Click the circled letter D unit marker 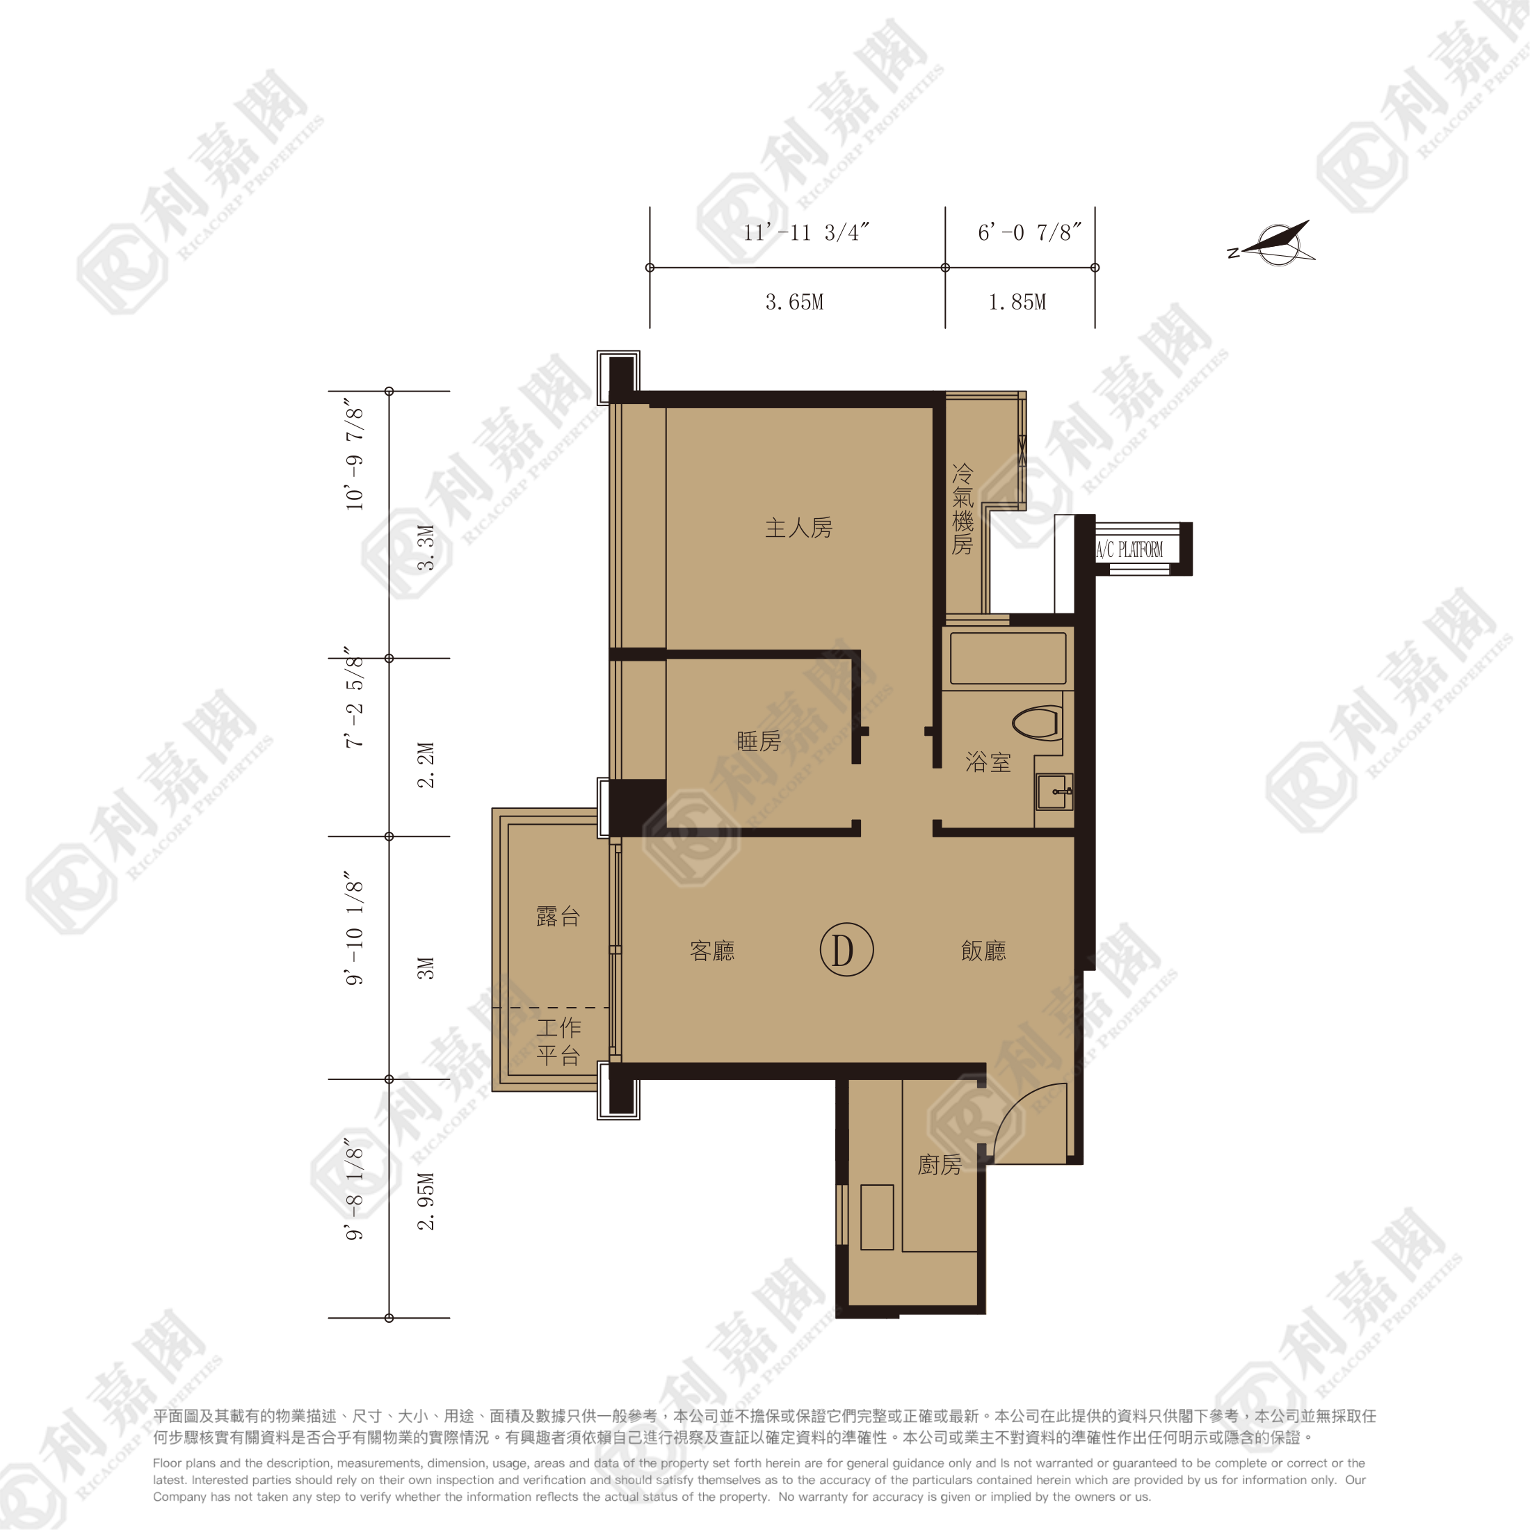(x=846, y=949)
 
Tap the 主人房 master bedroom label (x=798, y=529)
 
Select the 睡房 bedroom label (x=759, y=741)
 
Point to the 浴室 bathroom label (x=988, y=762)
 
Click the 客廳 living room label (x=712, y=950)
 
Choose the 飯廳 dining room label (x=983, y=950)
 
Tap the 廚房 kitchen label (x=940, y=1164)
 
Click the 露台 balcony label (x=558, y=916)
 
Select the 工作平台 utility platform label (x=558, y=1040)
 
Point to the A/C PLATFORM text (x=1129, y=549)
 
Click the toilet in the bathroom (x=1037, y=723)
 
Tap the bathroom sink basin (x=1054, y=791)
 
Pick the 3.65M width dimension (x=794, y=303)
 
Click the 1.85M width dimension (x=1017, y=303)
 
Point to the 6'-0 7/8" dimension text (x=1029, y=232)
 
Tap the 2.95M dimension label (x=426, y=1200)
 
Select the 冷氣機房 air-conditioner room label (x=963, y=509)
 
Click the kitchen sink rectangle (x=877, y=1217)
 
